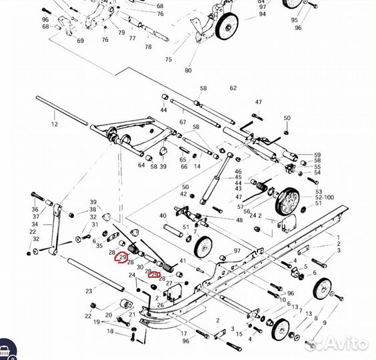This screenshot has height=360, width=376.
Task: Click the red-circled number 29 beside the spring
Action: [x=122, y=257]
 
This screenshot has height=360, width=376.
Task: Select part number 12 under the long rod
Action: [x=55, y=124]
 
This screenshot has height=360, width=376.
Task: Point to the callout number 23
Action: [x=89, y=291]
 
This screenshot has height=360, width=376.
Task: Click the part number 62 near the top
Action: [x=233, y=88]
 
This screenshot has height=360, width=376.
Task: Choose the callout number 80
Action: [x=188, y=70]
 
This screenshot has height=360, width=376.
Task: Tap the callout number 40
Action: [x=163, y=215]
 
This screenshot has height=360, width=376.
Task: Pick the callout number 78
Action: [x=148, y=47]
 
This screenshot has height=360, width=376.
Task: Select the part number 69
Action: [x=80, y=41]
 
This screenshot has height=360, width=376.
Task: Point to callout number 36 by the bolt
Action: [x=35, y=209]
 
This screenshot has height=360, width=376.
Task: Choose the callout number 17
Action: [x=184, y=333]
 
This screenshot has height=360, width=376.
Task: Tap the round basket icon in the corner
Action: [x=9, y=349]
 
